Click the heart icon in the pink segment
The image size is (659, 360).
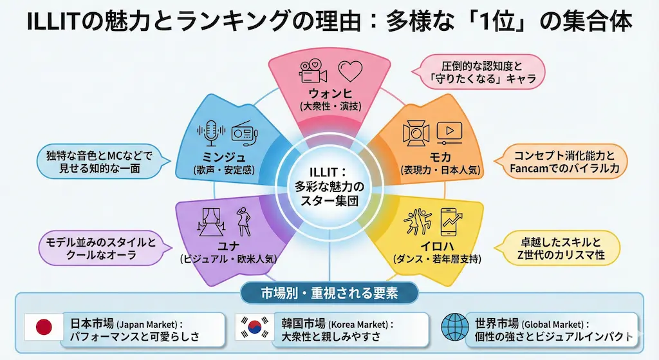pyautogui.click(x=351, y=71)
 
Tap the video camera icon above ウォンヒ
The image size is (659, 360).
pyautogui.click(x=313, y=71)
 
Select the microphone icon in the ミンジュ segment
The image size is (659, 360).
pyautogui.click(x=212, y=133)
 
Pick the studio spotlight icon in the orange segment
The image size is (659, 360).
pyautogui.click(x=416, y=133)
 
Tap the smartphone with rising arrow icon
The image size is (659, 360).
pyautogui.click(x=452, y=222)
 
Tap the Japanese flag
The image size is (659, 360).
pyautogui.click(x=44, y=328)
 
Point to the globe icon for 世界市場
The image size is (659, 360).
pyautogui.click(x=454, y=328)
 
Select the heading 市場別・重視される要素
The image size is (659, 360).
pyautogui.click(x=329, y=293)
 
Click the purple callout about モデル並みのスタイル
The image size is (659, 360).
pyautogui.click(x=100, y=248)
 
